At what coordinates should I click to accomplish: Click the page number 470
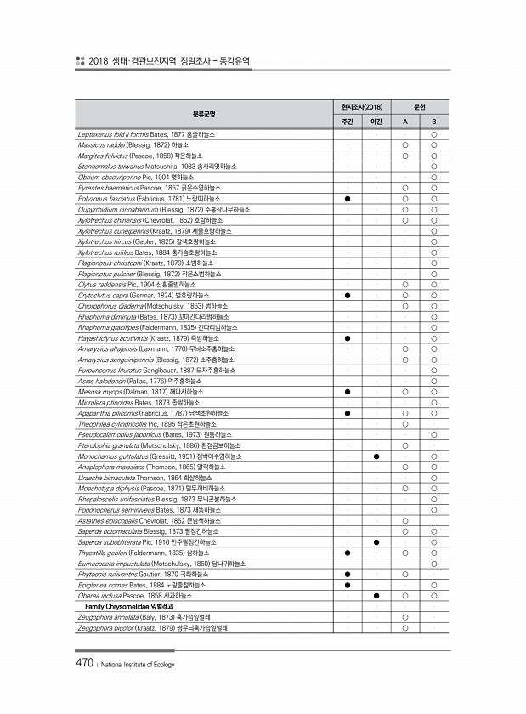tap(84, 662)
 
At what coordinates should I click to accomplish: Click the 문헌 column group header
tap(419, 107)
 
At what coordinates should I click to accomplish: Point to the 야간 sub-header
tap(376, 122)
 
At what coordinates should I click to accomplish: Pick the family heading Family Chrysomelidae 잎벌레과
tap(129, 607)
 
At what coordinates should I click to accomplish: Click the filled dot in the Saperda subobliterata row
tap(376, 541)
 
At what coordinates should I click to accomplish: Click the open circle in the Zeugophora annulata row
tap(405, 617)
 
